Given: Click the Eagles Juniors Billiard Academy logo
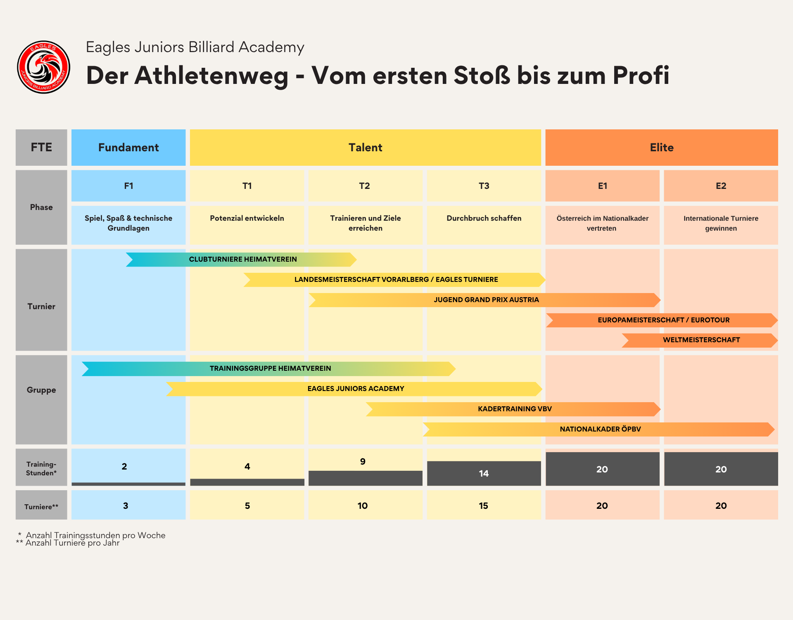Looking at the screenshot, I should pos(43,67).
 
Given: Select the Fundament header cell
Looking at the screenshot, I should pos(128,148).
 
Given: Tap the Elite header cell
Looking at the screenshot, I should pos(662,148).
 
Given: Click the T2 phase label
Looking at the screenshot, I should pos(365,186).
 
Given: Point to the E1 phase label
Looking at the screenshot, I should pos(603,186).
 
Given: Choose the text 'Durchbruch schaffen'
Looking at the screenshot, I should pos(484,218).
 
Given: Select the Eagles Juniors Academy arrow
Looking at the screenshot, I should pos(355,389).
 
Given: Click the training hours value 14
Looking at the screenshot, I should pos(484,474).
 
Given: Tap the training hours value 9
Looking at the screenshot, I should pos(363,462).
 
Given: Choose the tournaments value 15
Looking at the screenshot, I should pos(483,506).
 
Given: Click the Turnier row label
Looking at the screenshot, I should pos(41,307).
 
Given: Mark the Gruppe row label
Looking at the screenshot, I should pos(41,390).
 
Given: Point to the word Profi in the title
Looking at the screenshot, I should pos(641,76).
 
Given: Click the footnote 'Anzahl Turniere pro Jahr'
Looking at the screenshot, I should pos(73,543).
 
